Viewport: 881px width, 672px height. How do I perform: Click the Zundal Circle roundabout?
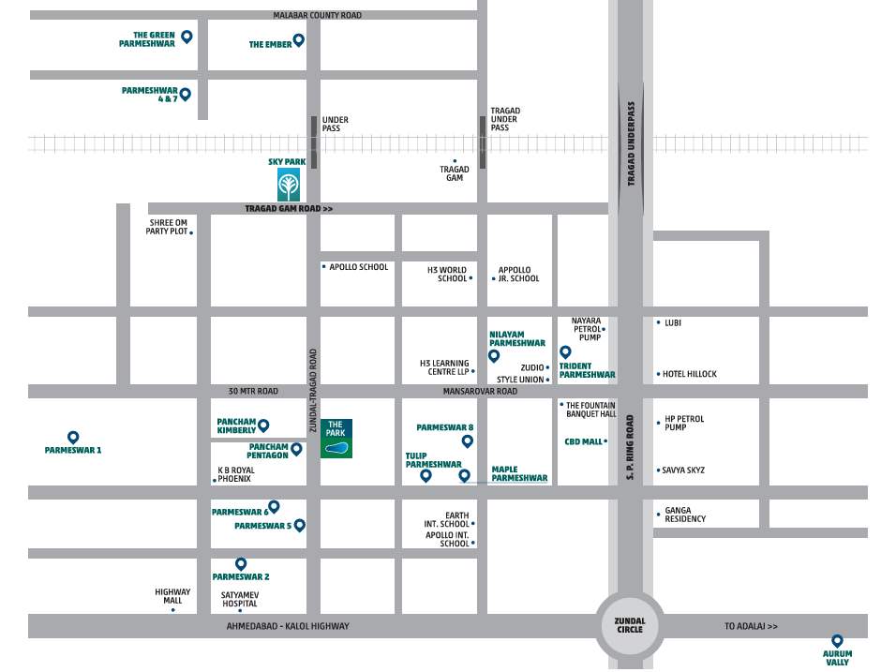coord(630,626)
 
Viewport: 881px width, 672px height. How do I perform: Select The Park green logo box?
coord(336,439)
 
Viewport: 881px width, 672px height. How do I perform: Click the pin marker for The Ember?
coord(298,40)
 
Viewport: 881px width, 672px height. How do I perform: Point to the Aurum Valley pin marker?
coord(837,640)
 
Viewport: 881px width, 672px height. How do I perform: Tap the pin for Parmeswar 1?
coord(73,437)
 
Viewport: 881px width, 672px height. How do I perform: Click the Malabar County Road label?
coord(317,15)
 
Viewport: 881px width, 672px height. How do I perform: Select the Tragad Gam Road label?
coord(289,209)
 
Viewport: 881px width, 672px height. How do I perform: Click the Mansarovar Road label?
coord(480,391)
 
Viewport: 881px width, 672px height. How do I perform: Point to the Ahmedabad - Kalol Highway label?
coord(288,626)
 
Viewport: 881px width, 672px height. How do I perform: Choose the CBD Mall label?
coord(583,441)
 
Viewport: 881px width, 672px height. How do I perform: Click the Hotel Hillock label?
coord(690,374)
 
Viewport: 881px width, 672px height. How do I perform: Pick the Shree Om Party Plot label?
coord(167,227)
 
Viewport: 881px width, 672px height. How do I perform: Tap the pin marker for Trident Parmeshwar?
coord(565,351)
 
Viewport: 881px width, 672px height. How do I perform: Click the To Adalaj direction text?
coord(751,626)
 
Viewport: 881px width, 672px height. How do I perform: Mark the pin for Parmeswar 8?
coord(468,440)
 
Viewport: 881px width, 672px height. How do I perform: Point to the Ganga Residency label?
coord(685,515)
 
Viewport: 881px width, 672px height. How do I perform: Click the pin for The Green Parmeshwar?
coord(187,37)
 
